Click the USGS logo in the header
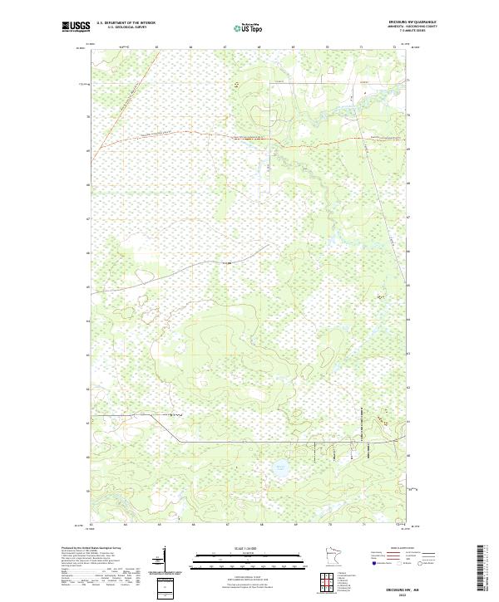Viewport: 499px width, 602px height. pos(76,27)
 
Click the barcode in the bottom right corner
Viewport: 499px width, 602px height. pos(481,569)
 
